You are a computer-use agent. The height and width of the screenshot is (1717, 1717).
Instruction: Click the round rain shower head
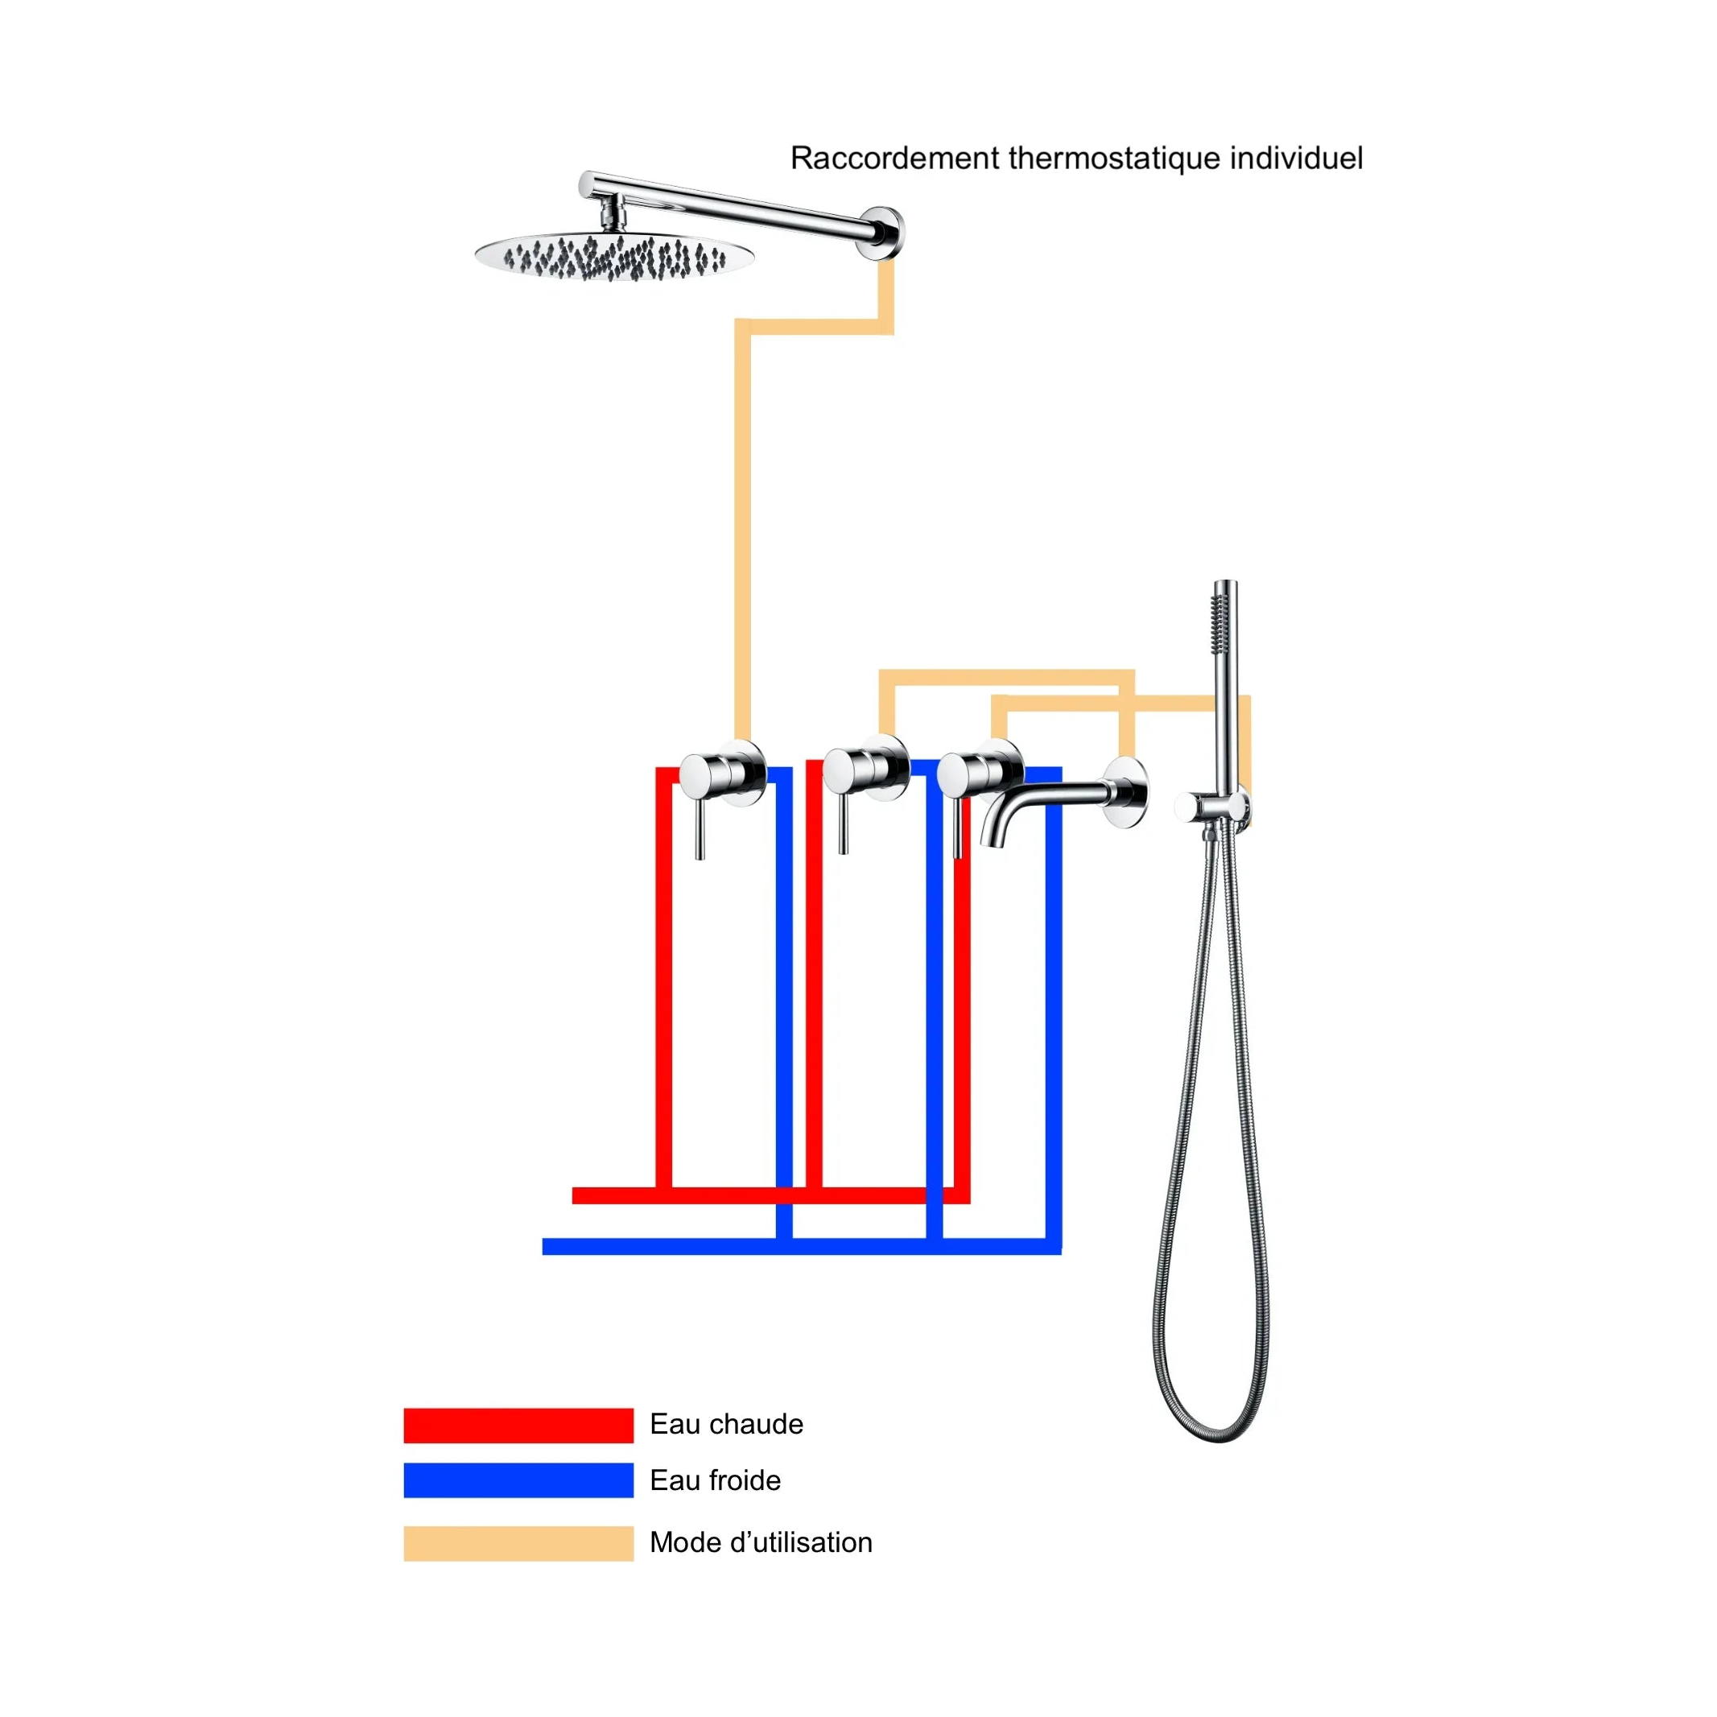(614, 257)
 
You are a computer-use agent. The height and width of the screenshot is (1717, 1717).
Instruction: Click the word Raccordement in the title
(895, 159)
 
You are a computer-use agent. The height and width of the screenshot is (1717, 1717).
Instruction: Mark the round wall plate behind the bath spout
(1127, 793)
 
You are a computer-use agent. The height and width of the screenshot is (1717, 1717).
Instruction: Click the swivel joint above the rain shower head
(612, 213)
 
